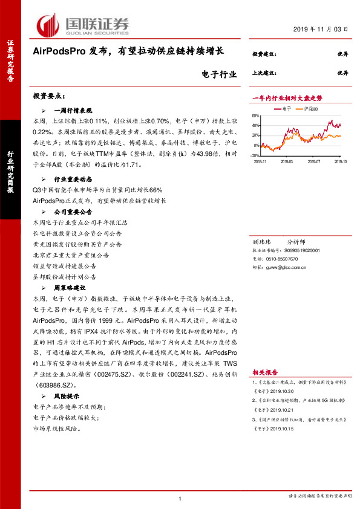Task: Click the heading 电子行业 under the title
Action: click(215, 75)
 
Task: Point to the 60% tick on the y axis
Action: click(255, 116)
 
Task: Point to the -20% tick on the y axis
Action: click(255, 155)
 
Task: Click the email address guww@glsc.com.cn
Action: click(286, 265)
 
